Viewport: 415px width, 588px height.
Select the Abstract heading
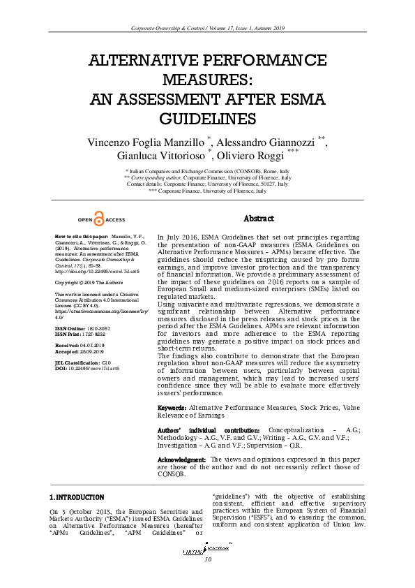(x=259, y=219)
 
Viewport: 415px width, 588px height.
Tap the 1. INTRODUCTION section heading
(x=77, y=497)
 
